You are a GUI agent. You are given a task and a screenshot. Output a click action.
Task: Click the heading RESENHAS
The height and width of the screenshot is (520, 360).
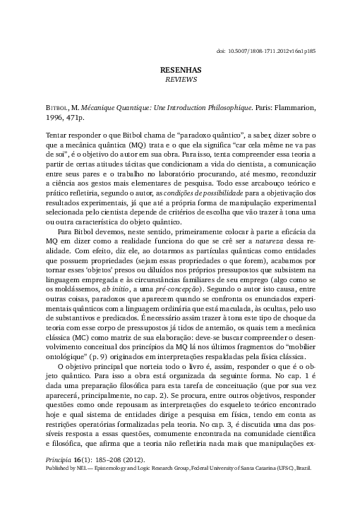pos(181,71)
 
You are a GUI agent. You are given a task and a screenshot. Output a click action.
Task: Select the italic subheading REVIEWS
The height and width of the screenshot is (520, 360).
pos(181,80)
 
